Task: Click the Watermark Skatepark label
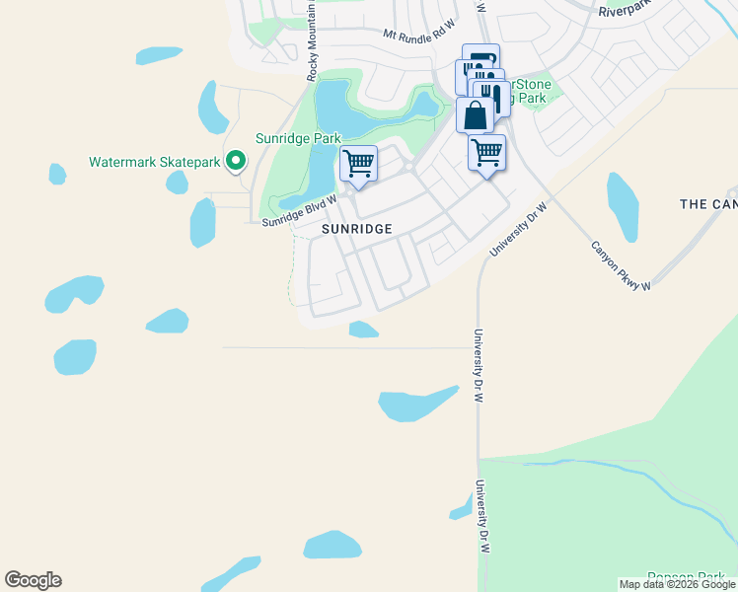coord(154,161)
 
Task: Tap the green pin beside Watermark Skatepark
coord(236,160)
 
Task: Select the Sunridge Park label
coord(298,138)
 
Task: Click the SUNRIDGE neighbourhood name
coord(357,229)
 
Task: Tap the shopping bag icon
coord(475,115)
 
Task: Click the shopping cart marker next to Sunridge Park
coord(359,163)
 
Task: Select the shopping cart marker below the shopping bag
coord(486,153)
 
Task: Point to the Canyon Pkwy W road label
coord(621,266)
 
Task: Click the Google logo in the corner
coord(33,580)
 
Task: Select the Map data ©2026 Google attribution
coord(676,584)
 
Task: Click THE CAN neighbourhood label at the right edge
coord(708,204)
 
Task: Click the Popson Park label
coord(692,576)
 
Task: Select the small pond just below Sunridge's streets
coord(363,330)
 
